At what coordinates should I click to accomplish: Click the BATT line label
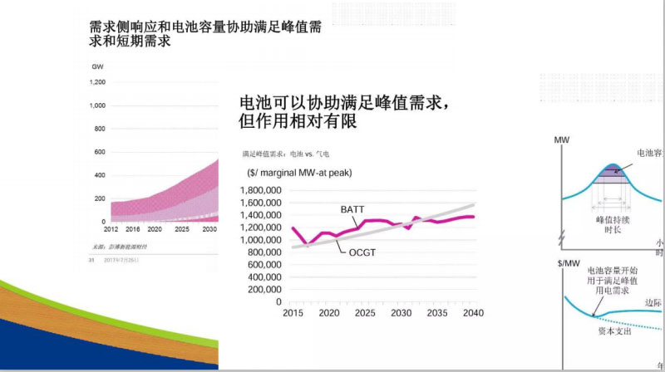352,209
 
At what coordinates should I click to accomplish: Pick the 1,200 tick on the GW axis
97,82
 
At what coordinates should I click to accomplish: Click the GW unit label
96,66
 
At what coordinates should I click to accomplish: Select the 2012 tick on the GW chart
111,228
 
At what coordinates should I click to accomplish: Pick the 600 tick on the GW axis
100,152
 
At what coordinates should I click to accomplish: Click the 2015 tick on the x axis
293,313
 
